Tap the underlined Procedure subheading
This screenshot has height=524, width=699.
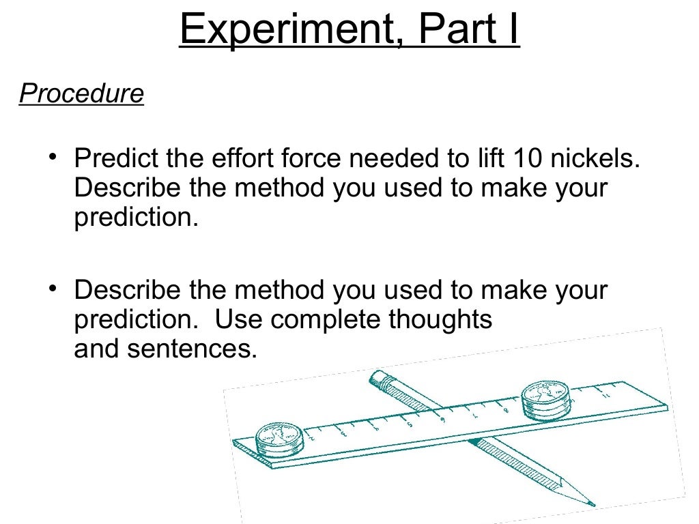(81, 93)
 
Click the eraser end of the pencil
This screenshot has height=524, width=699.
(377, 377)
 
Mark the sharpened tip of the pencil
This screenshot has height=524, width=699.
(591, 505)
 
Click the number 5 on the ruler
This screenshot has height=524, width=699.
(408, 424)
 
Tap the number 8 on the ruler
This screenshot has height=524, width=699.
(504, 410)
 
